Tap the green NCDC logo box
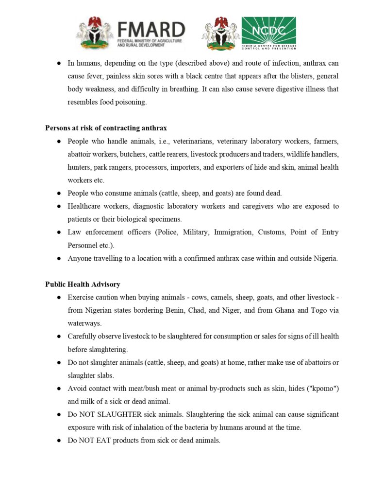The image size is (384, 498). tap(268, 33)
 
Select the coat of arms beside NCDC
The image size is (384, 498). tap(221, 33)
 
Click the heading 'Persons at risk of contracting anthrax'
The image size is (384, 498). tap(106, 128)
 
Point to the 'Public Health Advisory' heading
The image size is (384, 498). tap(83, 284)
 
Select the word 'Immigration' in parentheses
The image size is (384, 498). tap(231, 232)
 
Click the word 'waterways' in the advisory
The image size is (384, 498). tap(83, 323)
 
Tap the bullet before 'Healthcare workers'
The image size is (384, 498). tap(58, 206)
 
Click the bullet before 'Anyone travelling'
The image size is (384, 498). tap(58, 258)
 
